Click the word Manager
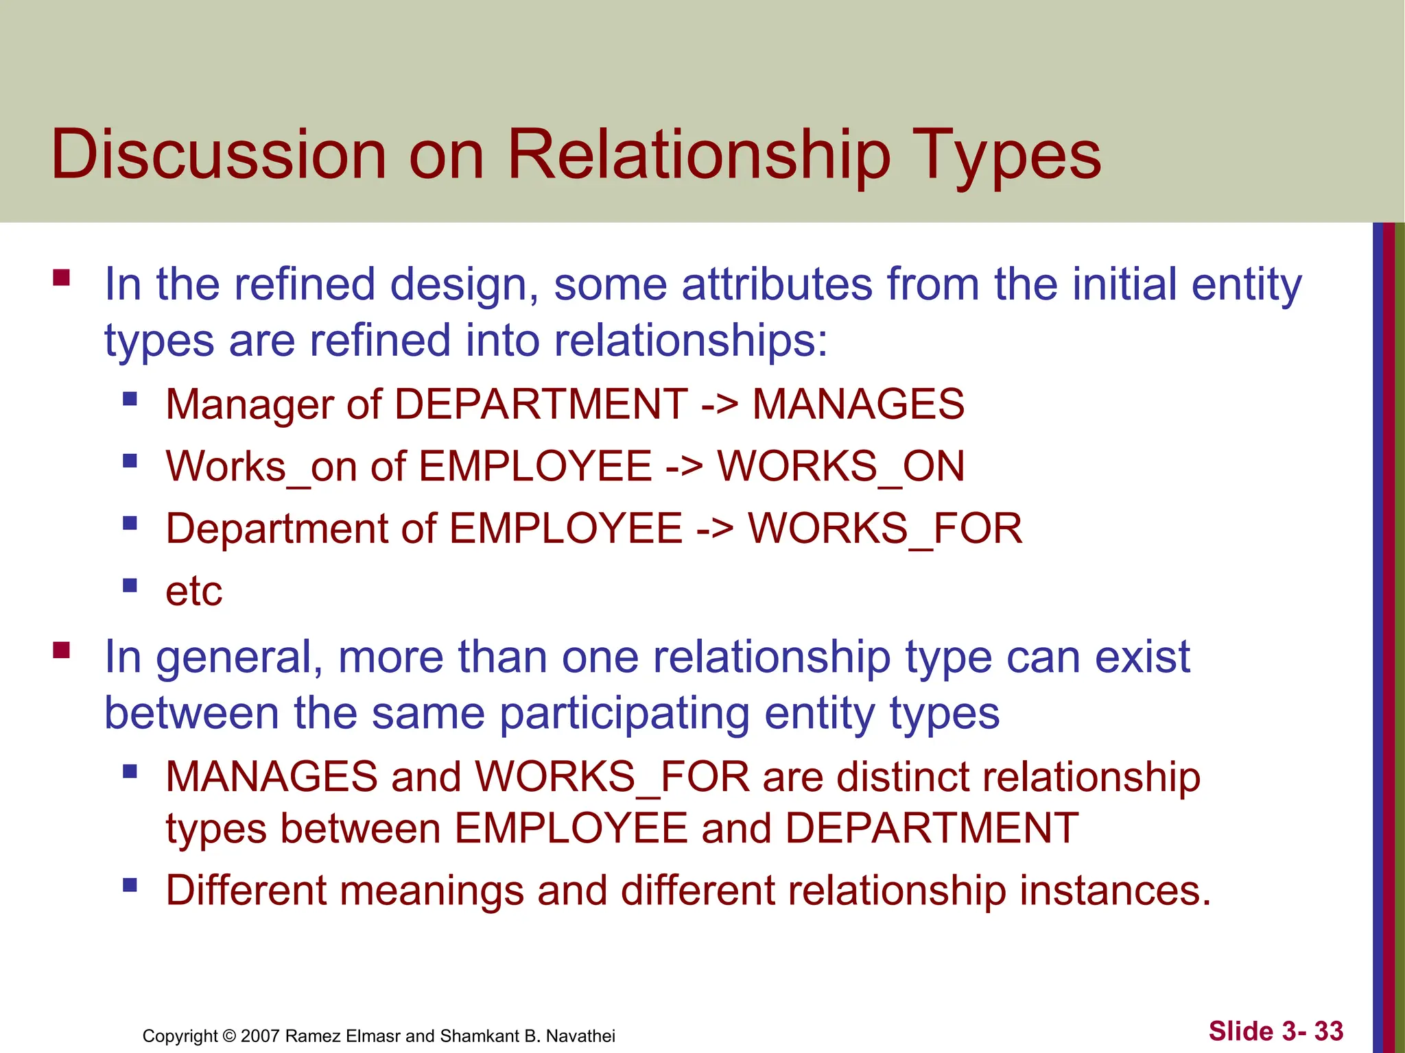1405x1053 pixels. [249, 404]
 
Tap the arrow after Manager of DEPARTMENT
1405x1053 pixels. [720, 404]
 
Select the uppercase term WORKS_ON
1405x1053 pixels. [840, 467]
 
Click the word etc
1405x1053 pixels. [194, 591]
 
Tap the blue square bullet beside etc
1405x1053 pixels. [130, 585]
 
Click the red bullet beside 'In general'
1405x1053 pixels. [62, 650]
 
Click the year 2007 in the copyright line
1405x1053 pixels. [260, 1036]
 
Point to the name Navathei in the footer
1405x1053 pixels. [580, 1036]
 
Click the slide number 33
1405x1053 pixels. [1329, 1031]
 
